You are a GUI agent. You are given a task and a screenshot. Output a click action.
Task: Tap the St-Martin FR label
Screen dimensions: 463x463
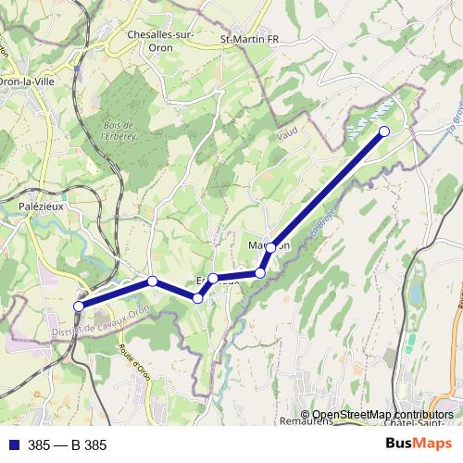pos(249,39)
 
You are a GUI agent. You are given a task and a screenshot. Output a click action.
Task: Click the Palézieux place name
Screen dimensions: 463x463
pos(40,206)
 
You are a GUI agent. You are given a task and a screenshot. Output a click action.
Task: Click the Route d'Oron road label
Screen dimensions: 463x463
pos(135,362)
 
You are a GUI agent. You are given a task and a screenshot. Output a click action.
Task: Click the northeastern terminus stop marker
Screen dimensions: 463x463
pos(384,131)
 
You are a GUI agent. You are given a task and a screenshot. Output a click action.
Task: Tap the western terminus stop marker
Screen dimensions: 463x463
pos(80,307)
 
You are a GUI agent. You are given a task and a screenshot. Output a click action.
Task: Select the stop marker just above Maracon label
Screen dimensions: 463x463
pos(270,247)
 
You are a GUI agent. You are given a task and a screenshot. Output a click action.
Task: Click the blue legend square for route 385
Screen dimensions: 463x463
pos(13,445)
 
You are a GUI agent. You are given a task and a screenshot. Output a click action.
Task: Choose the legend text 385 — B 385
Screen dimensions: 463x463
pos(68,445)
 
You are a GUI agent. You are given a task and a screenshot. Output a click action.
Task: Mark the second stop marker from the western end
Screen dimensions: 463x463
pos(153,282)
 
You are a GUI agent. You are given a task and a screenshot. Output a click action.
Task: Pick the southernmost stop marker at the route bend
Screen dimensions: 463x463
pos(198,297)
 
